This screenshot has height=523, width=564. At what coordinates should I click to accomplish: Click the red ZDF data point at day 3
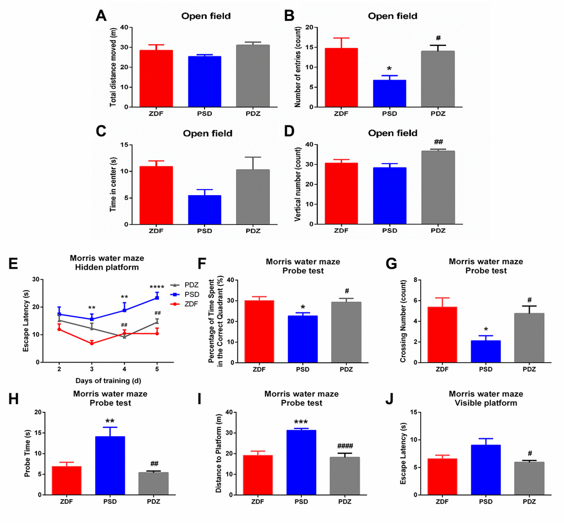pyautogui.click(x=92, y=343)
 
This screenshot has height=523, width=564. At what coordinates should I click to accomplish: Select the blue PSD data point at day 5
pyautogui.click(x=157, y=297)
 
